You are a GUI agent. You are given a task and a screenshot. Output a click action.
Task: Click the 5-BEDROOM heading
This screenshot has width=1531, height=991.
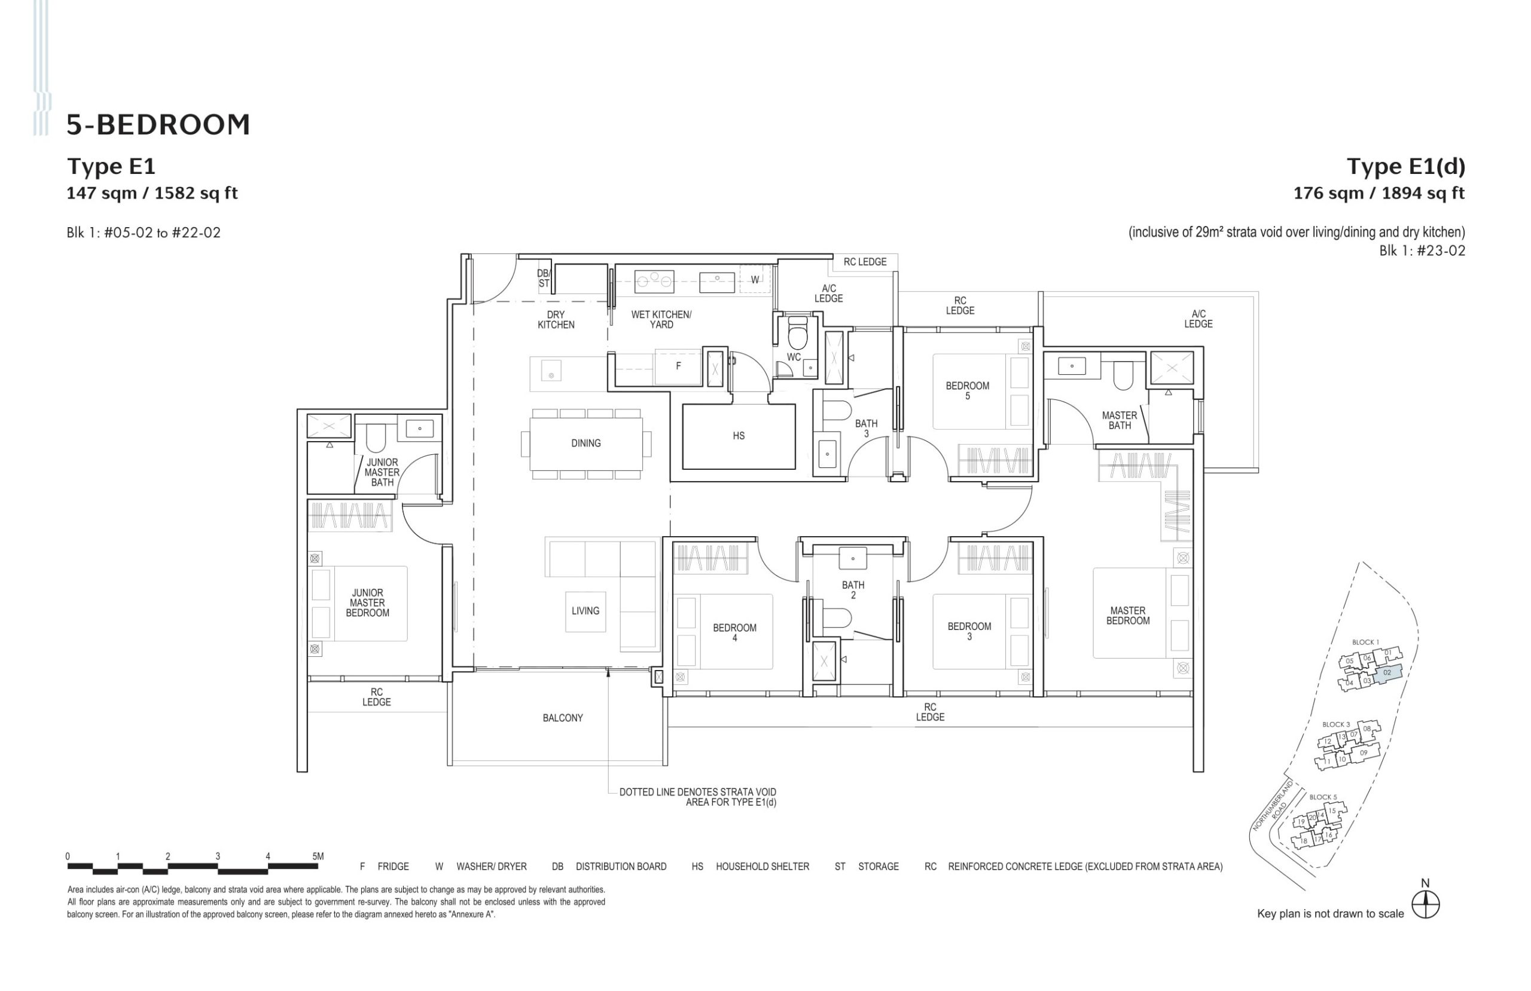[x=158, y=125]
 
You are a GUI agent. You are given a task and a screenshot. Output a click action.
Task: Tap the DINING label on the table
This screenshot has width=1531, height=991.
[x=585, y=443]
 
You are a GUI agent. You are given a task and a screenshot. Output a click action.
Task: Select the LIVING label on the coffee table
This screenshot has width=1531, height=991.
[x=585, y=611]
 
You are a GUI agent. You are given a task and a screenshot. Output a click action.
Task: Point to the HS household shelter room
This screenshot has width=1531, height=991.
[x=738, y=436]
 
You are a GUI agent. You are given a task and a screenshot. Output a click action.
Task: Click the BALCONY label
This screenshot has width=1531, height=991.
[x=562, y=718]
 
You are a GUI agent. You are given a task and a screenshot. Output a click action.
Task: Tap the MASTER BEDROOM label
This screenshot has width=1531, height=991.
[x=1127, y=616]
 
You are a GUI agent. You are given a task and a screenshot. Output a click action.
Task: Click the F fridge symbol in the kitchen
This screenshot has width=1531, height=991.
[x=678, y=366]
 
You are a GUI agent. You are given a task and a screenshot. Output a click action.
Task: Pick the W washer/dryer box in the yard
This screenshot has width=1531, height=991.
[x=755, y=280]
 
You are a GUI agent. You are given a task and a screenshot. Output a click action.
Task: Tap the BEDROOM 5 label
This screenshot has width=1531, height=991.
[x=967, y=391]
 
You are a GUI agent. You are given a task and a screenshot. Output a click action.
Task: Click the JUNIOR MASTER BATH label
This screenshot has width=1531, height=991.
[x=382, y=473]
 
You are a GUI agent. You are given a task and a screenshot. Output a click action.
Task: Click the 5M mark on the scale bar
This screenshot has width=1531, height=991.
[x=318, y=857]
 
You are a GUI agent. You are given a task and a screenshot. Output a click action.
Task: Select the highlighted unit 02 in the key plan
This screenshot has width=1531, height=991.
[x=1387, y=672]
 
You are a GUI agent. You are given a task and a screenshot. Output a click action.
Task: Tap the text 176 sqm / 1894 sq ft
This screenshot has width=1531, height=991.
[x=1378, y=194]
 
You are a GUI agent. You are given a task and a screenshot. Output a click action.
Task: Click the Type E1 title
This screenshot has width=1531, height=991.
[x=111, y=167]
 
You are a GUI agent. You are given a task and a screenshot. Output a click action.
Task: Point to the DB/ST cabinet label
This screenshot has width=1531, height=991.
[x=544, y=279]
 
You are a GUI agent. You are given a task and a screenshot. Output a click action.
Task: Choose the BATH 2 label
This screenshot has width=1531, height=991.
[x=852, y=591]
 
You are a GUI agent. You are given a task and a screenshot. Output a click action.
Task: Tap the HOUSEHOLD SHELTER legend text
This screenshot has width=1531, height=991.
[x=762, y=867]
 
